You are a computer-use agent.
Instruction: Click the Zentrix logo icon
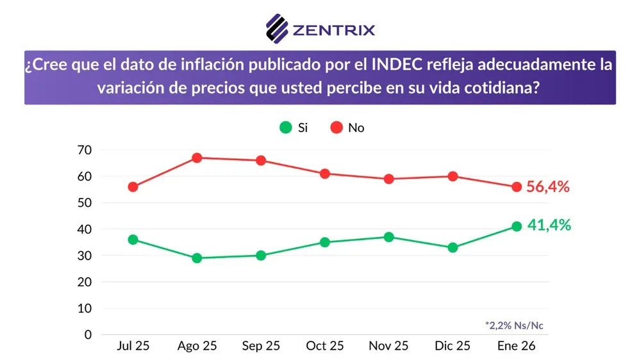[x=277, y=28]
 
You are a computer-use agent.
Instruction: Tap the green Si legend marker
[x=285, y=127]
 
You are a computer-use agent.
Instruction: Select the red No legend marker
[x=337, y=127]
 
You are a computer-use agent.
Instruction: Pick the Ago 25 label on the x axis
[x=197, y=346]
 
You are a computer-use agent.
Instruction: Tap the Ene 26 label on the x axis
[x=517, y=346]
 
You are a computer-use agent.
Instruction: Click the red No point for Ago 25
[x=197, y=158]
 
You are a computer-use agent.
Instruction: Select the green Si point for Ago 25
[x=197, y=258]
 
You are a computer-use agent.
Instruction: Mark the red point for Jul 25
[x=133, y=187]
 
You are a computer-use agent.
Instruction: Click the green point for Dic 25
[x=453, y=247]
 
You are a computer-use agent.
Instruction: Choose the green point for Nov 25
[x=388, y=237]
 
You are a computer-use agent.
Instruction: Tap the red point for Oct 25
[x=325, y=174]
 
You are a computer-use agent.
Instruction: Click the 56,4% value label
[x=548, y=187]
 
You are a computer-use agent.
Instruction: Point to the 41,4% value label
[x=549, y=225]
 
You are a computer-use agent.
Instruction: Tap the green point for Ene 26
[x=517, y=226]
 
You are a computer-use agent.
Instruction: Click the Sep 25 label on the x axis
[x=261, y=346]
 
